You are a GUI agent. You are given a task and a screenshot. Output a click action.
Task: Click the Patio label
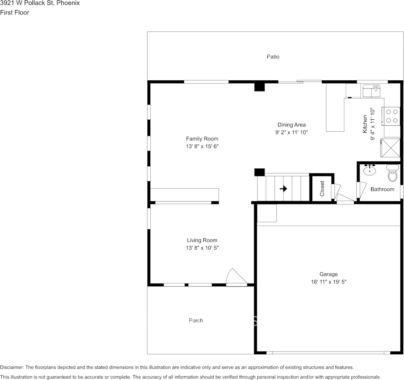(x=273, y=57)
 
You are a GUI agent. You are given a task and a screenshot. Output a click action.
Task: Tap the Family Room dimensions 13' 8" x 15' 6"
(x=202, y=147)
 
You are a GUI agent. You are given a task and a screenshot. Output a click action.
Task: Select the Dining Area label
(x=291, y=125)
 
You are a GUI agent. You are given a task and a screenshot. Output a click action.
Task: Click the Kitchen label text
(x=365, y=124)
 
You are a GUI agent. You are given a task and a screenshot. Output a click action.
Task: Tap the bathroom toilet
(x=392, y=174)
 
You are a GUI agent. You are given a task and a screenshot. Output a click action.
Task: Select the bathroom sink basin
(x=369, y=171)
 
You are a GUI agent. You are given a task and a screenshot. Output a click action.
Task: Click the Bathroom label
(x=382, y=189)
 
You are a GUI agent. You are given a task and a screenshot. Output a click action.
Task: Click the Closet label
(x=322, y=189)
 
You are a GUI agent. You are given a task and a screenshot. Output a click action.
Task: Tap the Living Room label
(x=202, y=240)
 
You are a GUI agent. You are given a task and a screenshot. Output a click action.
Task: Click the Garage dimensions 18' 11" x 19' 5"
(x=328, y=282)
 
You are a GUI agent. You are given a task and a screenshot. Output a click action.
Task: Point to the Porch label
(x=196, y=320)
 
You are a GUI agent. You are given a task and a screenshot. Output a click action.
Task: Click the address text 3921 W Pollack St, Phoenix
(x=40, y=3)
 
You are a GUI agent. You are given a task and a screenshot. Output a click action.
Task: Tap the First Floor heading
(x=15, y=12)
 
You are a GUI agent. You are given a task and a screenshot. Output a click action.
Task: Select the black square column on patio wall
(x=260, y=86)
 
